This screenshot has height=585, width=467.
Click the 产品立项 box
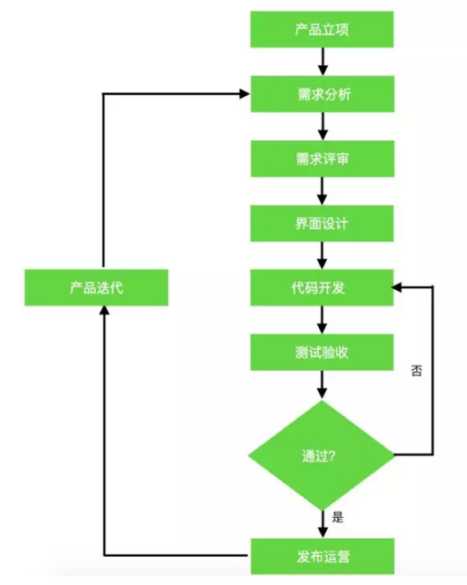323,30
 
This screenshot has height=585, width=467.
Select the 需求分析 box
323,93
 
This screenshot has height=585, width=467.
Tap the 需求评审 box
323,159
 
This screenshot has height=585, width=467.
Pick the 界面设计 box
323,223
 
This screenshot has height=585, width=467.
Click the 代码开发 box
323,287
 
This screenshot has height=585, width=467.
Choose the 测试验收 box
323,352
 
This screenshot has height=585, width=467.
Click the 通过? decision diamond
322,455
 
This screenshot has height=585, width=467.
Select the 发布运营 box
323,555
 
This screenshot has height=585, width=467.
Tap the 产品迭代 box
96,287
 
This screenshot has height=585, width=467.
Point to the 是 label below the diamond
337,517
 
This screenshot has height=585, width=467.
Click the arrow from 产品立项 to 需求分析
323,62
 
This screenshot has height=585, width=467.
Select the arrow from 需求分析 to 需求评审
323,126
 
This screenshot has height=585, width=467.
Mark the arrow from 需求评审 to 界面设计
323,190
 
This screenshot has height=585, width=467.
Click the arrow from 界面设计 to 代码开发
323,255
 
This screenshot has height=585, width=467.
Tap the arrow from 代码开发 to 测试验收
323,320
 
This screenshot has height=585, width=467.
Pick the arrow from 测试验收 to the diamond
323,384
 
